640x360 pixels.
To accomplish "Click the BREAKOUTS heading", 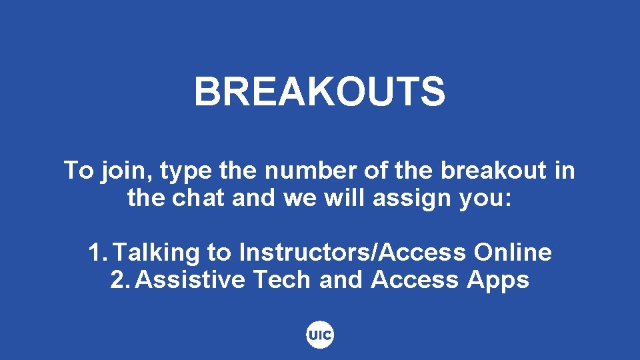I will (319, 91).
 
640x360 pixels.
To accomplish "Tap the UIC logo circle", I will (320, 335).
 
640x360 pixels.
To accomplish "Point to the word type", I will (184, 172).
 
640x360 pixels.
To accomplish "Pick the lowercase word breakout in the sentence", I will (493, 171).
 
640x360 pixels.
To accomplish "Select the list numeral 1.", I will (96, 253).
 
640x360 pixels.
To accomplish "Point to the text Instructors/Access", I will (352, 253).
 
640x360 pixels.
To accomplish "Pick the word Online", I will (513, 253).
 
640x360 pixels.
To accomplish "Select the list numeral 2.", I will (119, 280).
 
